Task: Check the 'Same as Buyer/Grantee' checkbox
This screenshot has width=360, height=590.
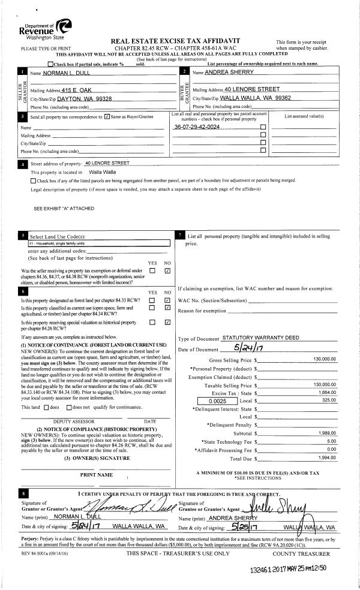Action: [107, 116]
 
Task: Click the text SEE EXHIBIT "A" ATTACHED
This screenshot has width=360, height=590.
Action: [63, 208]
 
